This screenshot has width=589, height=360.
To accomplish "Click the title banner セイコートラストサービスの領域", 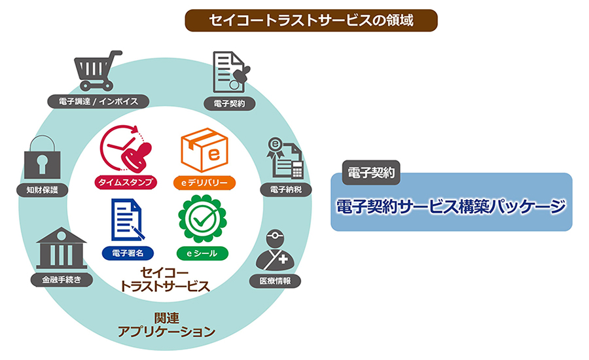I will pyautogui.click(x=311, y=20).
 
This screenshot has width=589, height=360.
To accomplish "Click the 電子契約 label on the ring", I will pyautogui.click(x=229, y=103).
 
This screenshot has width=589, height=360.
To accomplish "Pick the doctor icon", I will pyautogui.click(x=276, y=251).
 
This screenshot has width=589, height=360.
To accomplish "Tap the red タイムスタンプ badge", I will pyautogui.click(x=125, y=182).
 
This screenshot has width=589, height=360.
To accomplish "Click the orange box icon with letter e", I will pyautogui.click(x=203, y=150).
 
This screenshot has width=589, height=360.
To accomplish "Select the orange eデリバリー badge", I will pyautogui.click(x=204, y=182).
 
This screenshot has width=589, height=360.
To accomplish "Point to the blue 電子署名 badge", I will pyautogui.click(x=125, y=252).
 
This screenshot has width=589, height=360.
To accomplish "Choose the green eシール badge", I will pyautogui.click(x=203, y=252).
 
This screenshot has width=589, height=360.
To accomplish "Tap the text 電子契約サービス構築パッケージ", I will pyautogui.click(x=451, y=207).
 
